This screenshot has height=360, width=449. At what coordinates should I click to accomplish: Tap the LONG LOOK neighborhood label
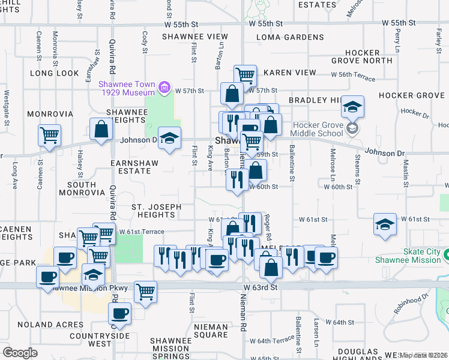point(55,73)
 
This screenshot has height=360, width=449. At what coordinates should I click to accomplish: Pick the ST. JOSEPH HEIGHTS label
point(156,211)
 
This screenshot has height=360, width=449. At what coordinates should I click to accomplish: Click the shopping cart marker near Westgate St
point(49,135)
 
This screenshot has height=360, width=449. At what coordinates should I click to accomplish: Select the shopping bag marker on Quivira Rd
point(101,128)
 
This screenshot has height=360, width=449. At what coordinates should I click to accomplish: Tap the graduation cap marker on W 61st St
point(384,224)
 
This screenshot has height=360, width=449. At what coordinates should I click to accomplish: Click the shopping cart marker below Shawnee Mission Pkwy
point(145,292)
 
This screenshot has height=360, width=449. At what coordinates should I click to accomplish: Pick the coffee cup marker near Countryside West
point(120,313)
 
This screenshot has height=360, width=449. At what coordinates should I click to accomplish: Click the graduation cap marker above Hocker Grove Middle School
point(353,107)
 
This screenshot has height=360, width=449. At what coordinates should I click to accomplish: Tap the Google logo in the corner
point(19,352)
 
